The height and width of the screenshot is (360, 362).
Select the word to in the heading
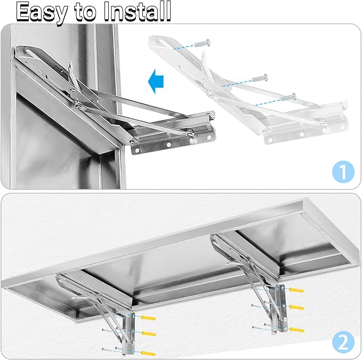[85, 12]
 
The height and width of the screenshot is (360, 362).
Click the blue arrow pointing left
[156, 81]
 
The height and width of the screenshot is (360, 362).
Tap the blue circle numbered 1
[343, 172]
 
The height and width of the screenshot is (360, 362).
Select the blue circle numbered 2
[343, 342]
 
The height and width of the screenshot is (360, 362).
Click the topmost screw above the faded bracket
[203, 43]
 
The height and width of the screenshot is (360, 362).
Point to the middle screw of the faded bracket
[260, 78]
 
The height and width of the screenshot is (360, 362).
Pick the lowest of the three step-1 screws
[288, 97]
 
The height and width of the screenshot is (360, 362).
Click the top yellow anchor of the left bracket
[149, 317]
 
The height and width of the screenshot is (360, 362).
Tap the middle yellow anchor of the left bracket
[149, 333]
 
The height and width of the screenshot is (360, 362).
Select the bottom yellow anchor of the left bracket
[148, 353]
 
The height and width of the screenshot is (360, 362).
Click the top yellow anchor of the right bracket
[296, 290]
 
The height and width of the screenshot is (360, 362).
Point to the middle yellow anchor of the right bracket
[297, 307]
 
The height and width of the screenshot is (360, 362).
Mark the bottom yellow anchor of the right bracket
[297, 330]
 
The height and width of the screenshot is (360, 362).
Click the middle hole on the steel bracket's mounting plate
[169, 145]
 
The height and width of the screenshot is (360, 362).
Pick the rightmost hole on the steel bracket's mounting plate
[209, 138]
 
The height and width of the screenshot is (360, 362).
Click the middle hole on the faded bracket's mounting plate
[302, 134]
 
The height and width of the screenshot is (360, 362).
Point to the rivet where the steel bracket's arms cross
[79, 106]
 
